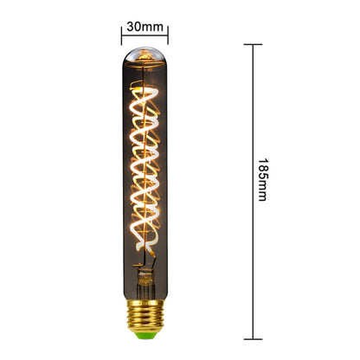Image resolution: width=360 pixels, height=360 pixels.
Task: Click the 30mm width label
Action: [x=145, y=26]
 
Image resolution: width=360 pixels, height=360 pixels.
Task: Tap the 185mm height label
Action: [x=263, y=179]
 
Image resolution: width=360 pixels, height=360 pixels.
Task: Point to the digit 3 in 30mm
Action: [x=130, y=26]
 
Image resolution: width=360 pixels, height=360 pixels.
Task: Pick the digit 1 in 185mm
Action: [x=263, y=161]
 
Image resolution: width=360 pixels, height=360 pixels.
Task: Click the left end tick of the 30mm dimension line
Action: [x=121, y=35]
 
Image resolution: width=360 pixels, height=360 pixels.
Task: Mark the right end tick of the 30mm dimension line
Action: [x=168, y=35]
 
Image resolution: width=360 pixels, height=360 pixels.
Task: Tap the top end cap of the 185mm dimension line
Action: [x=254, y=44]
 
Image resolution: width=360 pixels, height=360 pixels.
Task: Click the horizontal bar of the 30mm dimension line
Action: [x=145, y=35]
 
